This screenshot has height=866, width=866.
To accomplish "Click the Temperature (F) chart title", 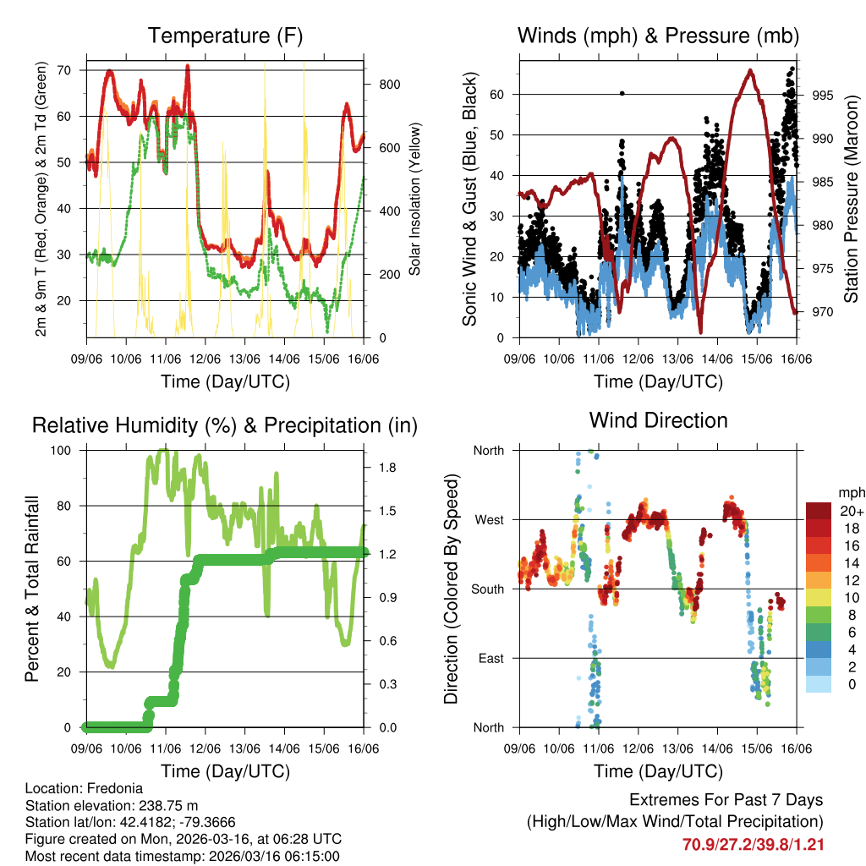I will pyautogui.click(x=224, y=36).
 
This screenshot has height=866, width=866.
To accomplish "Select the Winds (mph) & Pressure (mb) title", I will pyautogui.click(x=658, y=36).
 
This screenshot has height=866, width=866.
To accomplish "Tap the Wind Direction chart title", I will pyautogui.click(x=658, y=420).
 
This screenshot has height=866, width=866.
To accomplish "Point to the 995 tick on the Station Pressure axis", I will pyautogui.click(x=824, y=95).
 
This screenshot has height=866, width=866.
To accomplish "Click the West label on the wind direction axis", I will pyautogui.click(x=487, y=520).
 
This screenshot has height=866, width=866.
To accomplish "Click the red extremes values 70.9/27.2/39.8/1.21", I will pyautogui.click(x=753, y=844).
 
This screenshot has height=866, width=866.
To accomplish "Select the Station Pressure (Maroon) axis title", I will pyautogui.click(x=851, y=200).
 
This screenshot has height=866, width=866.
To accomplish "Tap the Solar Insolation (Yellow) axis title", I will pyautogui.click(x=414, y=200).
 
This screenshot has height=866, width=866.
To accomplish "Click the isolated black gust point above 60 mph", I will pyautogui.click(x=622, y=93).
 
